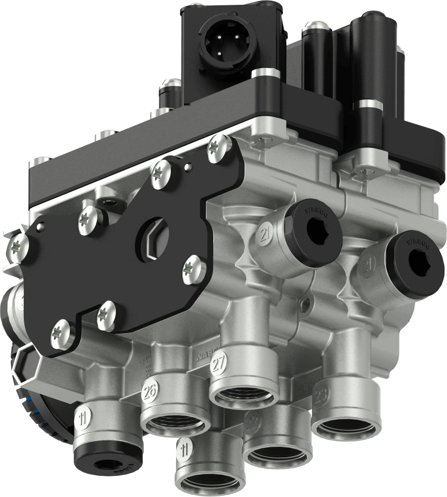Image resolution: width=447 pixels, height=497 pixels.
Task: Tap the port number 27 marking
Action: pos(219,363)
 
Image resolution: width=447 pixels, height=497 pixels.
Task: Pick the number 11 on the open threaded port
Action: pos(184,450)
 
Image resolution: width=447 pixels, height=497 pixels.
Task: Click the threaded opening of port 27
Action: pos(244,394)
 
